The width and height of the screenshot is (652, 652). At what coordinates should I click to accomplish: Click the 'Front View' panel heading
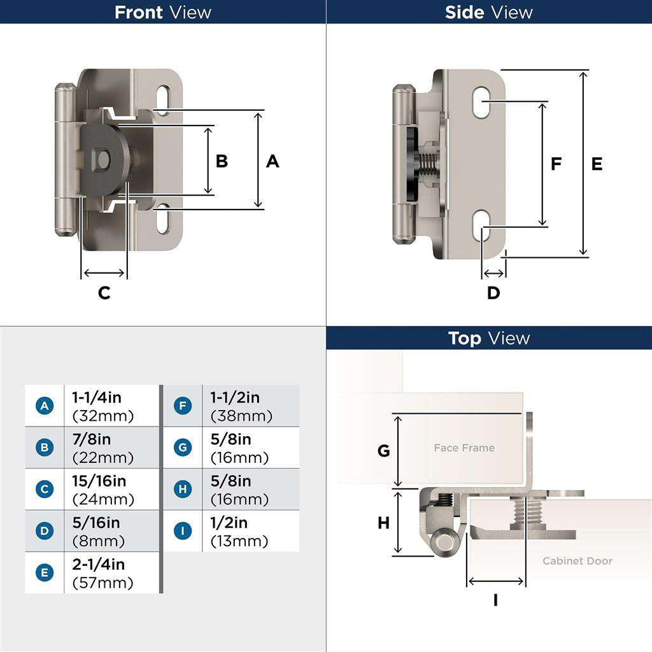click(x=162, y=12)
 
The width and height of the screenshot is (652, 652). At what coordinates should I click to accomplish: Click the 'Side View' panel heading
click(x=488, y=12)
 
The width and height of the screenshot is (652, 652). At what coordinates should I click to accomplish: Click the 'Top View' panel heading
click(x=488, y=338)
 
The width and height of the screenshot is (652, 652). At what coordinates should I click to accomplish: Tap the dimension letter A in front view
click(x=273, y=162)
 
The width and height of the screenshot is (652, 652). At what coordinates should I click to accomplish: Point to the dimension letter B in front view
click(x=222, y=161)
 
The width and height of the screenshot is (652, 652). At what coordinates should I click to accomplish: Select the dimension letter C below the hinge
click(x=104, y=293)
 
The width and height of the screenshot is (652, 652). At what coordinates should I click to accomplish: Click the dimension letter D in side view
click(x=493, y=293)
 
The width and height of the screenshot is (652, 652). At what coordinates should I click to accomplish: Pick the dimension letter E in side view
click(x=597, y=164)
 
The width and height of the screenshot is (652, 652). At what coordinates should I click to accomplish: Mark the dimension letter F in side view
click(x=556, y=164)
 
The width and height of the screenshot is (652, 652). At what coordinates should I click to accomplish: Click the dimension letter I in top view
click(x=495, y=600)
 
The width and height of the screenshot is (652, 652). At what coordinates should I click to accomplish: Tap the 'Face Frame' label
click(x=464, y=448)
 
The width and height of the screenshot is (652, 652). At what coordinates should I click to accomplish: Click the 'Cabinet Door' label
click(x=577, y=561)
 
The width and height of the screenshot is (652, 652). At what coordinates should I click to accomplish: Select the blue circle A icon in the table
click(x=44, y=406)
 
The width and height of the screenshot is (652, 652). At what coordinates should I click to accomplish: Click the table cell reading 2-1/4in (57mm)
click(x=111, y=573)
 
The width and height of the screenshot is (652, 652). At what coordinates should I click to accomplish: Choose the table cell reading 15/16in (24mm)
click(x=111, y=490)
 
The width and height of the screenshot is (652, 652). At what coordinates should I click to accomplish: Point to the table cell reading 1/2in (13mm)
click(x=250, y=532)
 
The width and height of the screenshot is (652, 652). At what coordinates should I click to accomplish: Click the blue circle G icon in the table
click(x=183, y=448)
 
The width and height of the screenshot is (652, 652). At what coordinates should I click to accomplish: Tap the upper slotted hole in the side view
click(x=481, y=102)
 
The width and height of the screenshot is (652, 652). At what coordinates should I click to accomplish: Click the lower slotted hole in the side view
click(x=481, y=226)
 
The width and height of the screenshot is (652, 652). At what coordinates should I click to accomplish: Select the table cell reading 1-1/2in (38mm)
click(x=250, y=406)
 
